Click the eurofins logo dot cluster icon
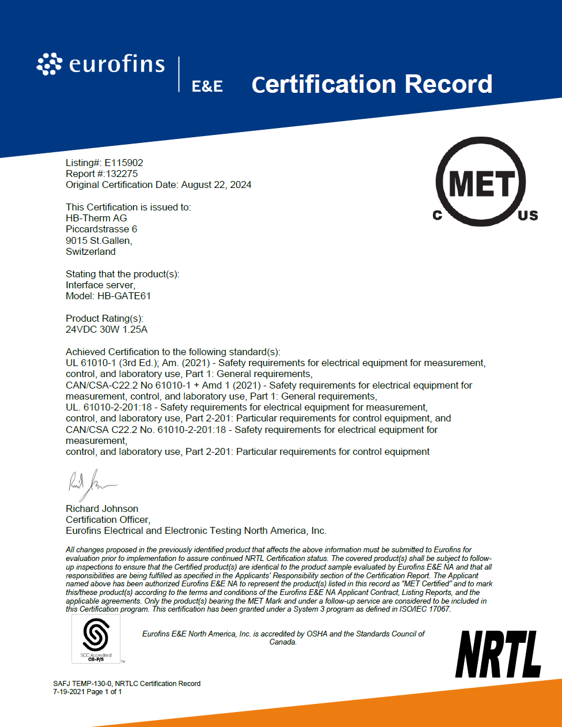tap(49, 64)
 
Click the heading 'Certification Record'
tap(372, 84)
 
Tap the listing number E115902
tap(124, 163)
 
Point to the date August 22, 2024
tap(216, 184)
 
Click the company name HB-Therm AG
tap(96, 218)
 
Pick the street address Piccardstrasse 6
tap(101, 229)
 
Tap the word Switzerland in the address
tap(90, 251)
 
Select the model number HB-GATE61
tap(124, 296)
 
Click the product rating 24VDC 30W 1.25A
tap(107, 329)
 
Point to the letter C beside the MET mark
tap(437, 216)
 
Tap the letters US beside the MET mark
tap(527, 216)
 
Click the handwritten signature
tap(90, 484)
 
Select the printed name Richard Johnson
tap(102, 508)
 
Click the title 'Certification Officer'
tap(108, 519)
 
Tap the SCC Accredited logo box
tap(96, 638)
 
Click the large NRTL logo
tap(499, 654)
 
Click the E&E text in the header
tap(208, 86)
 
